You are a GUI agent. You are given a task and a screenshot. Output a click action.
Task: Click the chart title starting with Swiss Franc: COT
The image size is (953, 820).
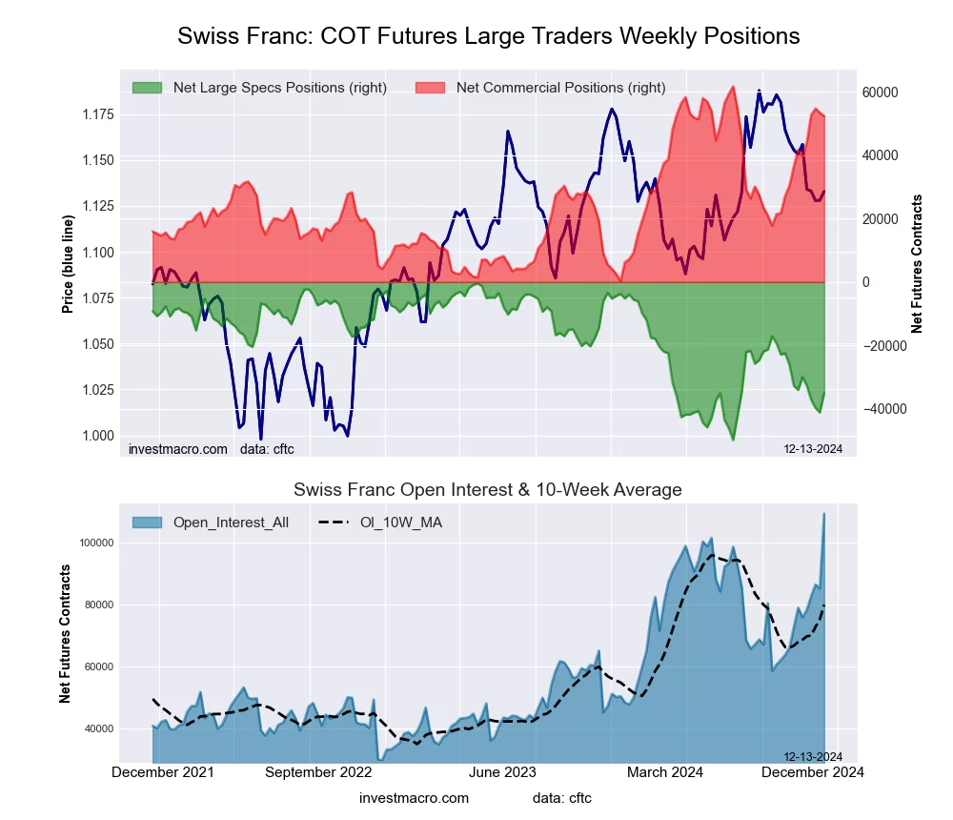point(488,36)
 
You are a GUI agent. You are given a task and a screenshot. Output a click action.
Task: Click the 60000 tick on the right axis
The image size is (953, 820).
point(882,92)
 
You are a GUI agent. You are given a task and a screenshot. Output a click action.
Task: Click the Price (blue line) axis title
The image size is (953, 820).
point(68,264)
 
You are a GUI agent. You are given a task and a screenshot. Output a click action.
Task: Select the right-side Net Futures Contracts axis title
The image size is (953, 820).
point(917,264)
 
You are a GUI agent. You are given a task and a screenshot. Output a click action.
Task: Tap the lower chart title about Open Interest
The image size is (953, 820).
point(488,490)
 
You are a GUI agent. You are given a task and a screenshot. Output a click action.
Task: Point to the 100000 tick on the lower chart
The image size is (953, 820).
point(95,543)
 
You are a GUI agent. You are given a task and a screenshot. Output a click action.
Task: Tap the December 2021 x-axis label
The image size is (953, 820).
point(163,772)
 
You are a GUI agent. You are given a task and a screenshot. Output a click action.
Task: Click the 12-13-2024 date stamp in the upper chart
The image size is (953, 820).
point(806,449)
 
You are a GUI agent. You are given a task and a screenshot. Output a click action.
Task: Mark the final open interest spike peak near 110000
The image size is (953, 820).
point(823,514)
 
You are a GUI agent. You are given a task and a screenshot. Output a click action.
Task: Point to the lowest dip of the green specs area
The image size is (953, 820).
point(733,440)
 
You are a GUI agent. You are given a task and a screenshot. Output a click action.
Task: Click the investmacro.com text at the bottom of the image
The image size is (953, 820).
point(415,798)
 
